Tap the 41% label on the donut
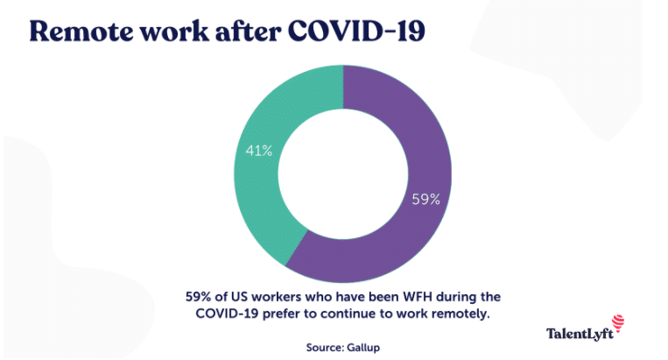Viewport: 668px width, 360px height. tap(258, 151)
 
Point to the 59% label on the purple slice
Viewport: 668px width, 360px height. tap(425, 199)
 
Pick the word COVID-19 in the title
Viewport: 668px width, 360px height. tap(356, 32)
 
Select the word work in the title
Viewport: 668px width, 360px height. tap(174, 32)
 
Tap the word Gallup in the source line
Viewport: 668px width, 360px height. tap(363, 348)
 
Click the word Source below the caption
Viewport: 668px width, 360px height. tap(325, 348)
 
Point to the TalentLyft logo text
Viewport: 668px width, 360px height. tap(580, 334)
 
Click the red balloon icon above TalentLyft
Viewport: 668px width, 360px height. tap(618, 322)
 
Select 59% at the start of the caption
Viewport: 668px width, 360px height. tap(198, 297)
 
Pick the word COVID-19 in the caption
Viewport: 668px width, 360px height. tap(227, 314)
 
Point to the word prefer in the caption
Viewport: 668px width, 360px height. tap(278, 314)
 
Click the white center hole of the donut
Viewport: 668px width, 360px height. tap(343, 173)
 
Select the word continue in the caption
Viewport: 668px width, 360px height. tap(350, 314)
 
